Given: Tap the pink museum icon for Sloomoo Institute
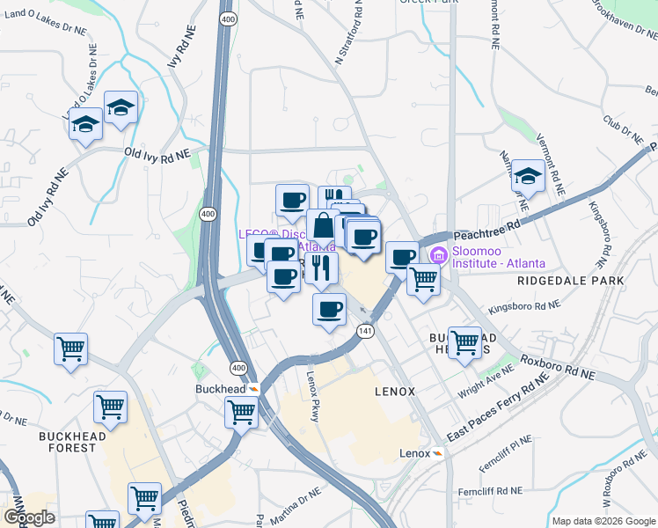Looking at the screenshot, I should (x=438, y=256).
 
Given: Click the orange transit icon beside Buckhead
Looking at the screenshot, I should (x=253, y=387).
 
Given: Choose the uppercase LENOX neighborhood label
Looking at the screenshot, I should (x=394, y=392).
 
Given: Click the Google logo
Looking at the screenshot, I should (x=29, y=517).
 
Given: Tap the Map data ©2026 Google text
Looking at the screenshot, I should (x=603, y=521).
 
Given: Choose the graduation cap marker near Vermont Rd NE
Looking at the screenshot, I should (x=528, y=177).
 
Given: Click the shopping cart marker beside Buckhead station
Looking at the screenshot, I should (x=241, y=410).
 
